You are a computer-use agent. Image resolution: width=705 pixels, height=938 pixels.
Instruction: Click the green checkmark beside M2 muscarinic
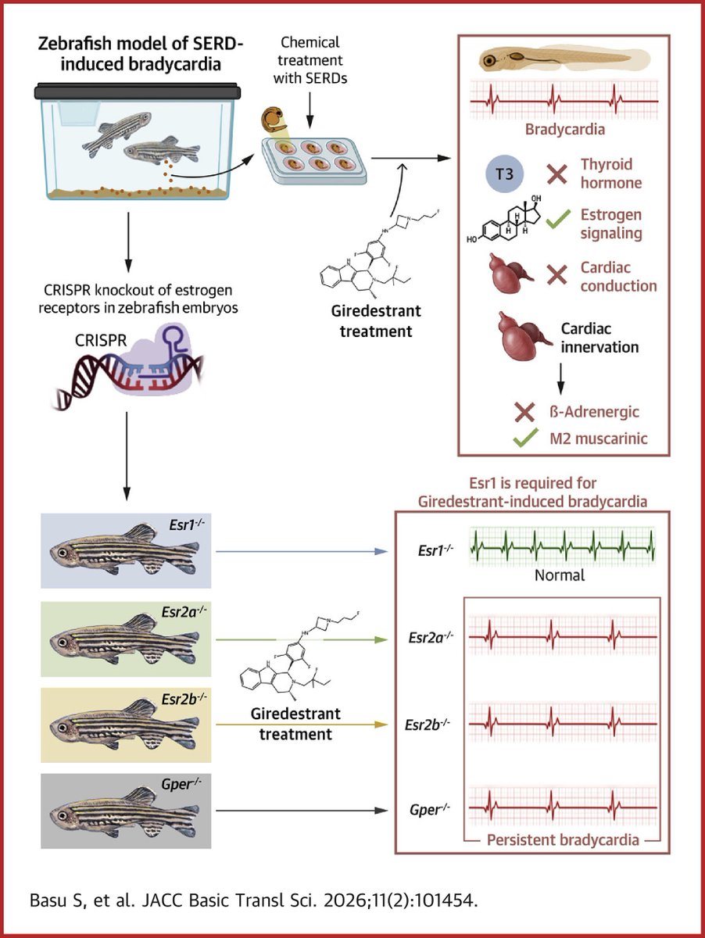tap(525, 439)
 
